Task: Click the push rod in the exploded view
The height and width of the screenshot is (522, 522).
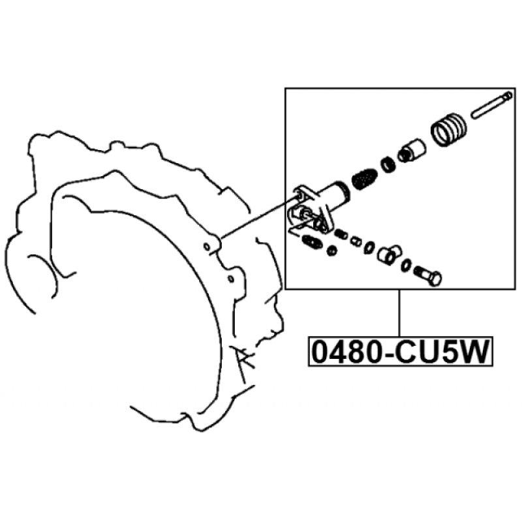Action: (x=491, y=104)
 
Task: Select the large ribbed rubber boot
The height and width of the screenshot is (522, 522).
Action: (x=449, y=129)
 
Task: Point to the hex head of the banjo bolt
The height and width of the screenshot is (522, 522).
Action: (x=435, y=279)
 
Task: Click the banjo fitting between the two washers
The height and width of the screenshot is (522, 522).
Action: (x=390, y=254)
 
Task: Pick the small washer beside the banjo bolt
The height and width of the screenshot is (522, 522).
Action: (x=406, y=265)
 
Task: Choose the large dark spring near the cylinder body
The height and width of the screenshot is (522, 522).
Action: (x=364, y=178)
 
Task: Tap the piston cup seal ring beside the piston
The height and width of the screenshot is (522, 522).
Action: (x=388, y=164)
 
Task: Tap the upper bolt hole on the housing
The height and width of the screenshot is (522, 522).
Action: (x=207, y=247)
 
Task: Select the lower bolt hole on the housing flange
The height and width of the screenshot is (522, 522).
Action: (x=230, y=278)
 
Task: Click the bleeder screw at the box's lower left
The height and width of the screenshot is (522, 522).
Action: (x=312, y=241)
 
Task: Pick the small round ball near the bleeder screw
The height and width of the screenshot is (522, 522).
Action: (x=331, y=251)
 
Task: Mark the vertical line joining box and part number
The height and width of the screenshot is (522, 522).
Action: (x=399, y=313)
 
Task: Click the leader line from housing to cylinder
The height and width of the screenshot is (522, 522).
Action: (x=259, y=218)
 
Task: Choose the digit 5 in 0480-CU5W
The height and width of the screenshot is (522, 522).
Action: (x=448, y=352)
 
